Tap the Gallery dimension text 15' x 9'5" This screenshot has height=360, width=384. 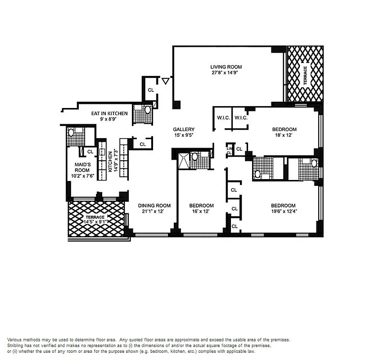[184, 135]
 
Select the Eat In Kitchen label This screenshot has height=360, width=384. [109, 113]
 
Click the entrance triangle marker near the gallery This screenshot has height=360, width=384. [165, 81]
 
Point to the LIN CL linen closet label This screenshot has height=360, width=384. [229, 150]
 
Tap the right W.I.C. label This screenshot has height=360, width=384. [239, 118]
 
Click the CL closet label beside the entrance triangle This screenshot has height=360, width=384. [151, 90]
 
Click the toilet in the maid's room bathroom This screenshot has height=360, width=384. [71, 132]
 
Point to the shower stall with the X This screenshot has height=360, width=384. [184, 159]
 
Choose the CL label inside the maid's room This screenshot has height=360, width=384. [90, 152]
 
